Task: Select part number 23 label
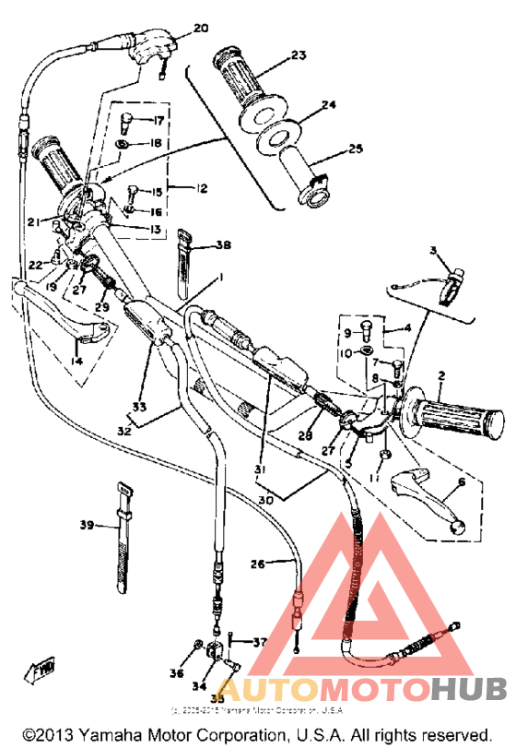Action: tap(299, 55)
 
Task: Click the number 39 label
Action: tap(87, 525)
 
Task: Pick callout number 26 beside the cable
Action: tap(257, 563)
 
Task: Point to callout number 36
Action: tap(177, 674)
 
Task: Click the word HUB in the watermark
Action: tap(467, 688)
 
